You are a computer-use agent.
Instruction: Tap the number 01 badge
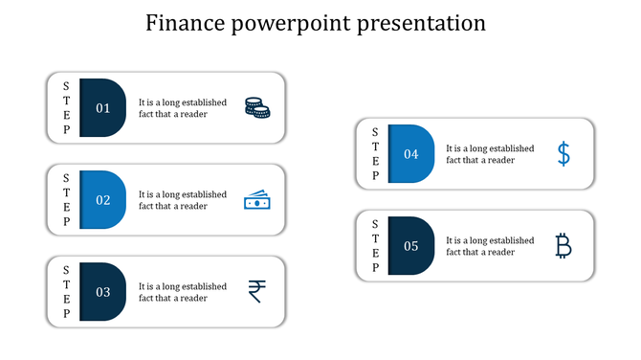tap(102, 108)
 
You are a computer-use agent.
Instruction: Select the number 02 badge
tap(102, 200)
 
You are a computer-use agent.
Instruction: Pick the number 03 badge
tap(102, 292)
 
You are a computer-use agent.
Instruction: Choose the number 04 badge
tap(410, 154)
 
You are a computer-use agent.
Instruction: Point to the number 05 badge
tap(410, 246)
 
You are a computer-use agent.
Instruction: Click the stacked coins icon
tap(256, 108)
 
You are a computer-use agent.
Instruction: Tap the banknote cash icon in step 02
tap(256, 200)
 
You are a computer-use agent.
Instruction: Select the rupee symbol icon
tap(256, 291)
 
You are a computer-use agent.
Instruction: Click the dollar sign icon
tap(564, 154)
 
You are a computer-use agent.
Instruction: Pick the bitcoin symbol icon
tap(564, 246)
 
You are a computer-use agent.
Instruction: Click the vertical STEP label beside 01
tap(66, 108)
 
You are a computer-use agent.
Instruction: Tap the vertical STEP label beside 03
tap(66, 292)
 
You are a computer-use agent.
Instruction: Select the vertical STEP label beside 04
tap(375, 154)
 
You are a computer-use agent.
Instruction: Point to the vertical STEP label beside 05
tap(375, 246)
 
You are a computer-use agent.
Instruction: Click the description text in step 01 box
tap(183, 108)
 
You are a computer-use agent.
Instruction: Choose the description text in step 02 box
tap(183, 200)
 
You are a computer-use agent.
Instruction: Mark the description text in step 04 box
tap(490, 154)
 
